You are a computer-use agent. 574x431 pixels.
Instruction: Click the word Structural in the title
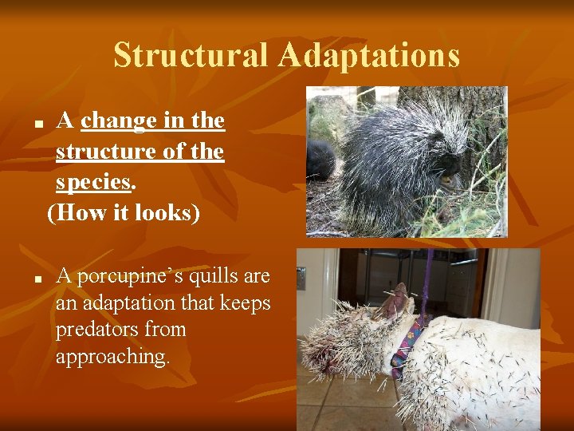[191, 55]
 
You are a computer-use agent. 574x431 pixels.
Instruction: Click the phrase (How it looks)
[124, 212]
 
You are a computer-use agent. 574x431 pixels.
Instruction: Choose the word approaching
[112, 356]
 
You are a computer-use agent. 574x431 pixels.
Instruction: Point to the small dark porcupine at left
[320, 160]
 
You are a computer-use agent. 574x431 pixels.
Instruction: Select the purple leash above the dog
[428, 279]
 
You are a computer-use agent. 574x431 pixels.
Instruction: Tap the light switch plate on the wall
[301, 278]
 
